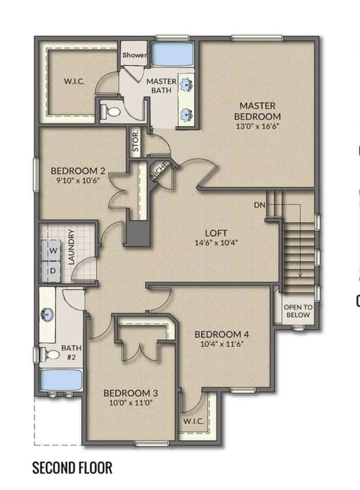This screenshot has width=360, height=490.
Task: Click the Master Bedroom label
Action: [x=257, y=110]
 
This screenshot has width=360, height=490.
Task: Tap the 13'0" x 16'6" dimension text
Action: [x=257, y=126]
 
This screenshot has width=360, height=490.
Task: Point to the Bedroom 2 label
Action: [x=78, y=170]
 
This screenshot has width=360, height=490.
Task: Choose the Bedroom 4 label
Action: [x=221, y=334]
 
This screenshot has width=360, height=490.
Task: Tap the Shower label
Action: [x=134, y=56]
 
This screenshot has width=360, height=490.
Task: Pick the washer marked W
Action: [x=53, y=251]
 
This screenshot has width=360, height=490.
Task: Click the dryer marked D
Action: [x=53, y=271]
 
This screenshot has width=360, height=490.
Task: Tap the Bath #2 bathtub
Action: [x=57, y=382]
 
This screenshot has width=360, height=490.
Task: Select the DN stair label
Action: [x=259, y=205]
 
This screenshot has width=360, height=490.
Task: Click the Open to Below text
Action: [x=297, y=311]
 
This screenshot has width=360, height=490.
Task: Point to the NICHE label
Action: [x=159, y=170]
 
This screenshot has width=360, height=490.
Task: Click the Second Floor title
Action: [x=72, y=468]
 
